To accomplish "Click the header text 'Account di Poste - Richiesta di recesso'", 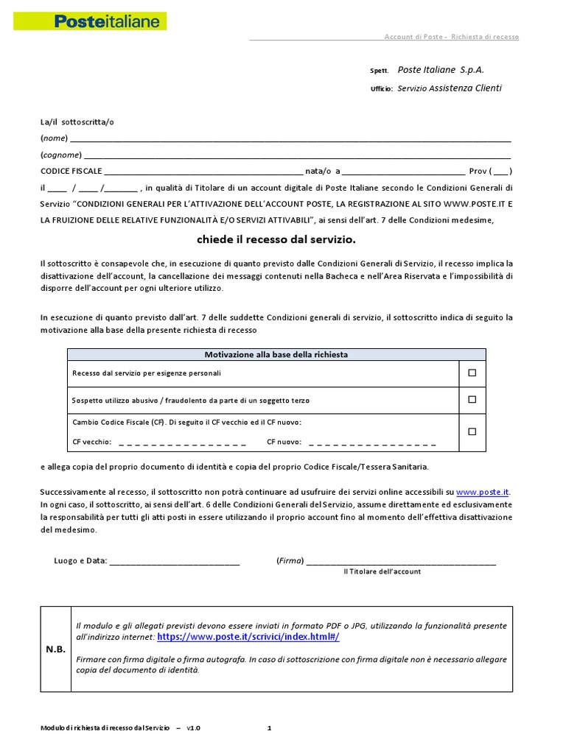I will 451,37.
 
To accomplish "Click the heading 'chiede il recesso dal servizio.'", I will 276,239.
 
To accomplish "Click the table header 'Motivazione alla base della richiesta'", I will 276,354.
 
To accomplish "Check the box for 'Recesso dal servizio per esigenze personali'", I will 472,373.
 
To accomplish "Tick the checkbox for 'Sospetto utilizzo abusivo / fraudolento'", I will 472,400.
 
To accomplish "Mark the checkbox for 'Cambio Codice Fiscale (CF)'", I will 472,431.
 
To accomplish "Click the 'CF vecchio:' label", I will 92,443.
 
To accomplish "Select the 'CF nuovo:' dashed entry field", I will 372,443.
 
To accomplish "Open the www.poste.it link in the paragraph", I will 483,492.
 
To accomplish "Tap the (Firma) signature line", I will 401,561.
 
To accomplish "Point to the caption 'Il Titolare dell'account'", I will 382,571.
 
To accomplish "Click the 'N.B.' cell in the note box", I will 55,649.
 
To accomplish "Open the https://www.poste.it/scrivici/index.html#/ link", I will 248,637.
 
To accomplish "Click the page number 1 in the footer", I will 269,728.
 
